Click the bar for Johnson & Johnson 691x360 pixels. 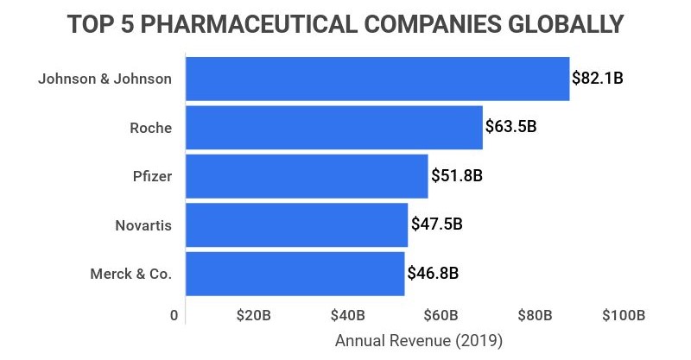coord(377,79)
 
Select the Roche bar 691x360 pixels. coord(334,128)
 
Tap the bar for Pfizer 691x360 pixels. coord(307,176)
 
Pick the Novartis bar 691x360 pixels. coord(296,224)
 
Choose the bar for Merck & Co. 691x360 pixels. coord(295,274)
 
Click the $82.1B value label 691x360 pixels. coord(598,79)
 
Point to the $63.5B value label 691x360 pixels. coord(511,128)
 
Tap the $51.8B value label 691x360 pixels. coord(456,176)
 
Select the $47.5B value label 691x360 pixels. coord(436,224)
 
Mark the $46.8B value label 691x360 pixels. coord(433,274)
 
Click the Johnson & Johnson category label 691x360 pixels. coord(105,79)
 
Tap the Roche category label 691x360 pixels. coord(150,128)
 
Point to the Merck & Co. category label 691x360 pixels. coord(131,274)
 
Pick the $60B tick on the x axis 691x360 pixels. coord(441,315)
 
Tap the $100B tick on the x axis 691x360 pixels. coord(624,315)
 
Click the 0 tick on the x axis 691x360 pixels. coord(174,315)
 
